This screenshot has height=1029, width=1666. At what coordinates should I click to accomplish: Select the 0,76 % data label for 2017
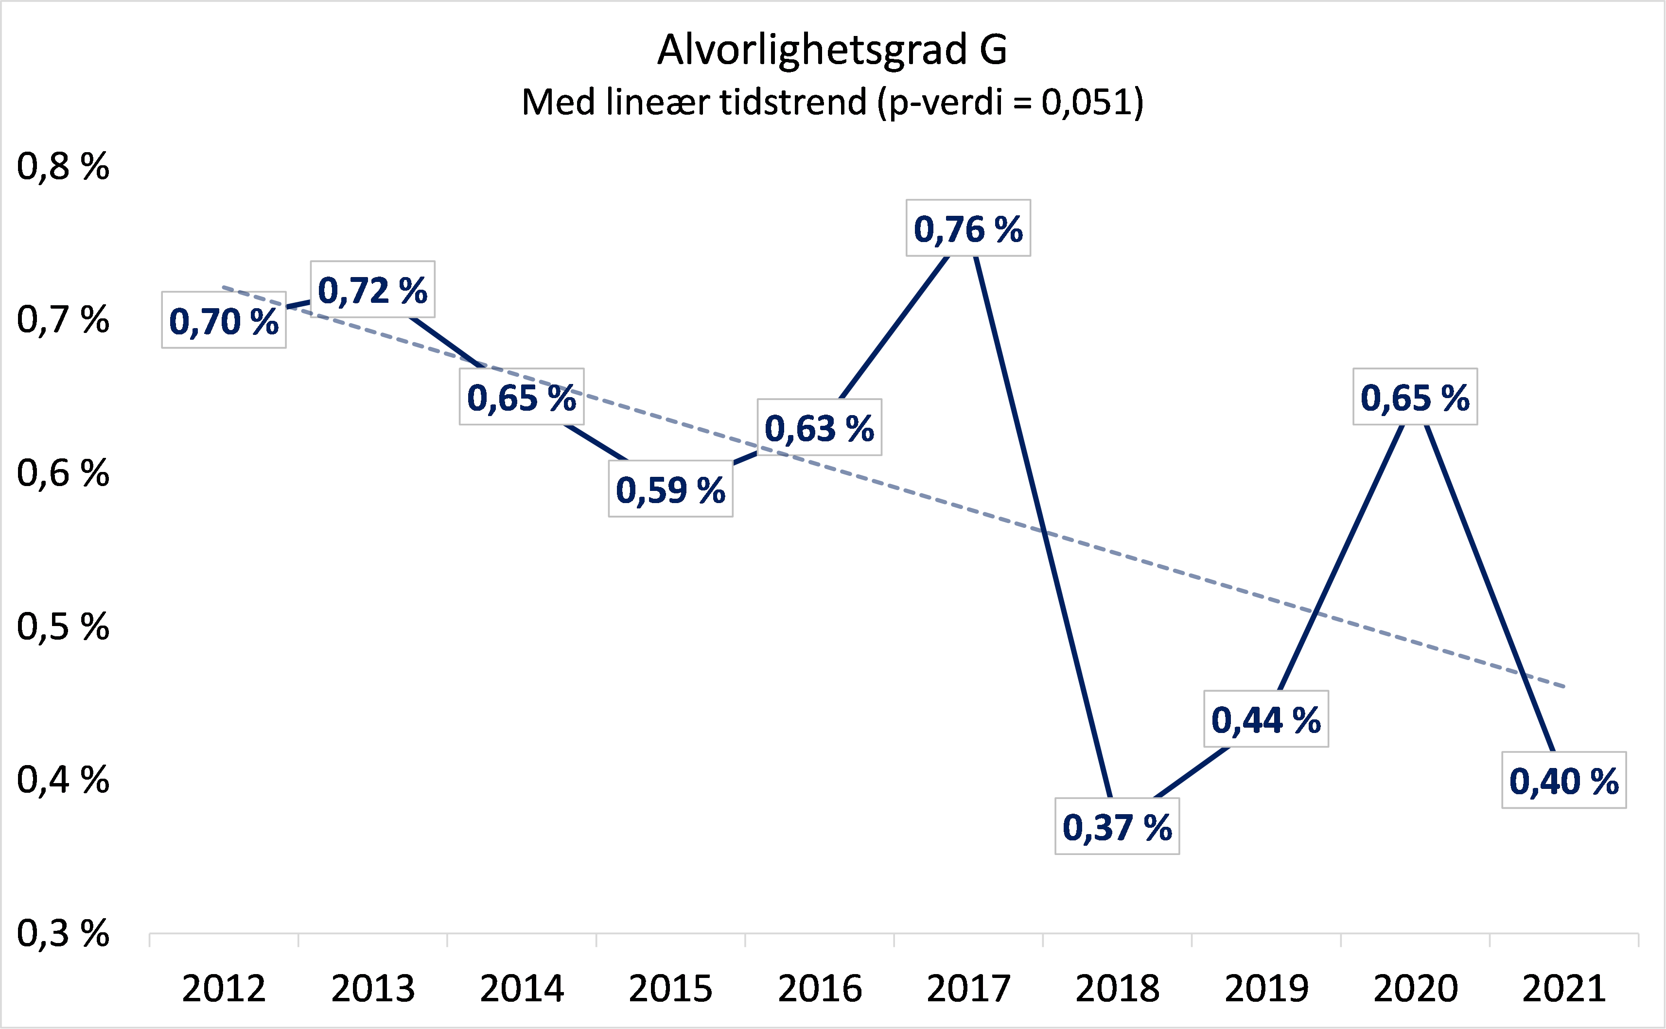[x=968, y=228]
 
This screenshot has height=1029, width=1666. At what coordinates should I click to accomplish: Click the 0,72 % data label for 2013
[x=372, y=290]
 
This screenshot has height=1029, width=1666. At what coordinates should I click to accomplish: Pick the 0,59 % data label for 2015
[x=670, y=489]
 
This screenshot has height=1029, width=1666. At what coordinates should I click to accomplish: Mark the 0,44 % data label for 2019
[x=1266, y=720]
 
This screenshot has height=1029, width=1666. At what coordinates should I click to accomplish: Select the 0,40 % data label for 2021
[x=1564, y=781]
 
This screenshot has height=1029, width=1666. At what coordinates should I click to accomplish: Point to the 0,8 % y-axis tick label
[x=63, y=166]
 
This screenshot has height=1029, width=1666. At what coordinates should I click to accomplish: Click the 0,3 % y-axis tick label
[x=63, y=933]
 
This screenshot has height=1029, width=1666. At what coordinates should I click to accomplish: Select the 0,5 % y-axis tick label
[x=63, y=626]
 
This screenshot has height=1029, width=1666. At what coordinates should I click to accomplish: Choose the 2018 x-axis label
[x=1117, y=988]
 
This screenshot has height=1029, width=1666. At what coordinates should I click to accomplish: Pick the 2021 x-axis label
[x=1564, y=988]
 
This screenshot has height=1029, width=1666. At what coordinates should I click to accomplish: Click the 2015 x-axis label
[x=670, y=988]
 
